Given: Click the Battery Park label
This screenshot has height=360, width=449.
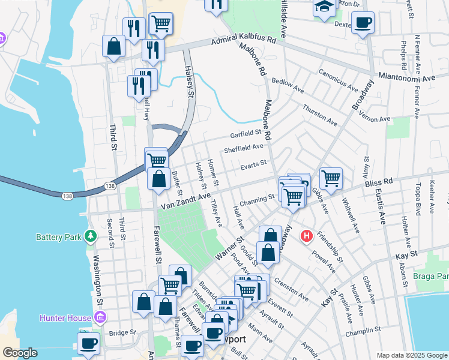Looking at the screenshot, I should pyautogui.click(x=58, y=237).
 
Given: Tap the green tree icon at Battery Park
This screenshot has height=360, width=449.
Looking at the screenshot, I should pyautogui.click(x=91, y=236).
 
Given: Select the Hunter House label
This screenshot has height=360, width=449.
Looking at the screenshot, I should pyautogui.click(x=64, y=317).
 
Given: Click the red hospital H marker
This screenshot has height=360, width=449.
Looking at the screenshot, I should pyautogui.click(x=307, y=236).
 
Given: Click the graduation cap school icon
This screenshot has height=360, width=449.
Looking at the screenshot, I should pyautogui.click(x=324, y=8).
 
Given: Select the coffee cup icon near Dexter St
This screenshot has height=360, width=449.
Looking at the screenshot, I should pyautogui.click(x=362, y=24).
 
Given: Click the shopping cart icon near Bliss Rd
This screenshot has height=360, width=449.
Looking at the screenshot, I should pyautogui.click(x=331, y=178).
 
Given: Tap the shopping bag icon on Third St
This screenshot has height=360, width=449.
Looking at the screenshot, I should pyautogui.click(x=113, y=46).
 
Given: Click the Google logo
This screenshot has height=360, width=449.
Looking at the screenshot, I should pyautogui.click(x=19, y=353).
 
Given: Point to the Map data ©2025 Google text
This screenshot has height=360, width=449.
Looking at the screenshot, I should pyautogui.click(x=412, y=355).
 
